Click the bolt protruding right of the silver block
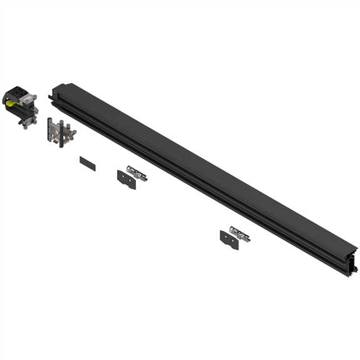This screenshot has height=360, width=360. point(36,96)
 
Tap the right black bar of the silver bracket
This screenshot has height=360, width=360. point(63,132)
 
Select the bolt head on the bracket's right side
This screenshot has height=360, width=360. point(73,132)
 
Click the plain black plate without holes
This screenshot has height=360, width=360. point(88,163)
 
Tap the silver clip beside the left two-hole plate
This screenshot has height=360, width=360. point(136,172)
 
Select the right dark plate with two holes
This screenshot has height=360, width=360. point(229,239)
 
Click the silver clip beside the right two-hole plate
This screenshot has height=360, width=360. point(239,233)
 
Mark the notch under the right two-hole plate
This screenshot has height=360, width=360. point(230,246)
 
